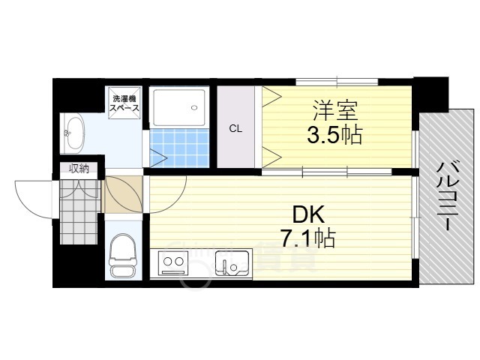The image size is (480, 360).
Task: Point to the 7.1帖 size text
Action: tap(307, 238)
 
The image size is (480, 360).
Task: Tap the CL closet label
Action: tap(235, 128)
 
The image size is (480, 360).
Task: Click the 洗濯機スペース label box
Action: tap(124, 103)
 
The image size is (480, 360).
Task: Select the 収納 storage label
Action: tap(79, 169)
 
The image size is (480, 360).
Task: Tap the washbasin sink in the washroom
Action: tap(73, 133)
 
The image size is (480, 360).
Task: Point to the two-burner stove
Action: tap(174, 264)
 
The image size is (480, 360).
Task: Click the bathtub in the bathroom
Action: tap(179, 108)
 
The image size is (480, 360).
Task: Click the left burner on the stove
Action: tap(166, 264)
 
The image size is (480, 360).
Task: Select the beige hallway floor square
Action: tap(120, 193)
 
